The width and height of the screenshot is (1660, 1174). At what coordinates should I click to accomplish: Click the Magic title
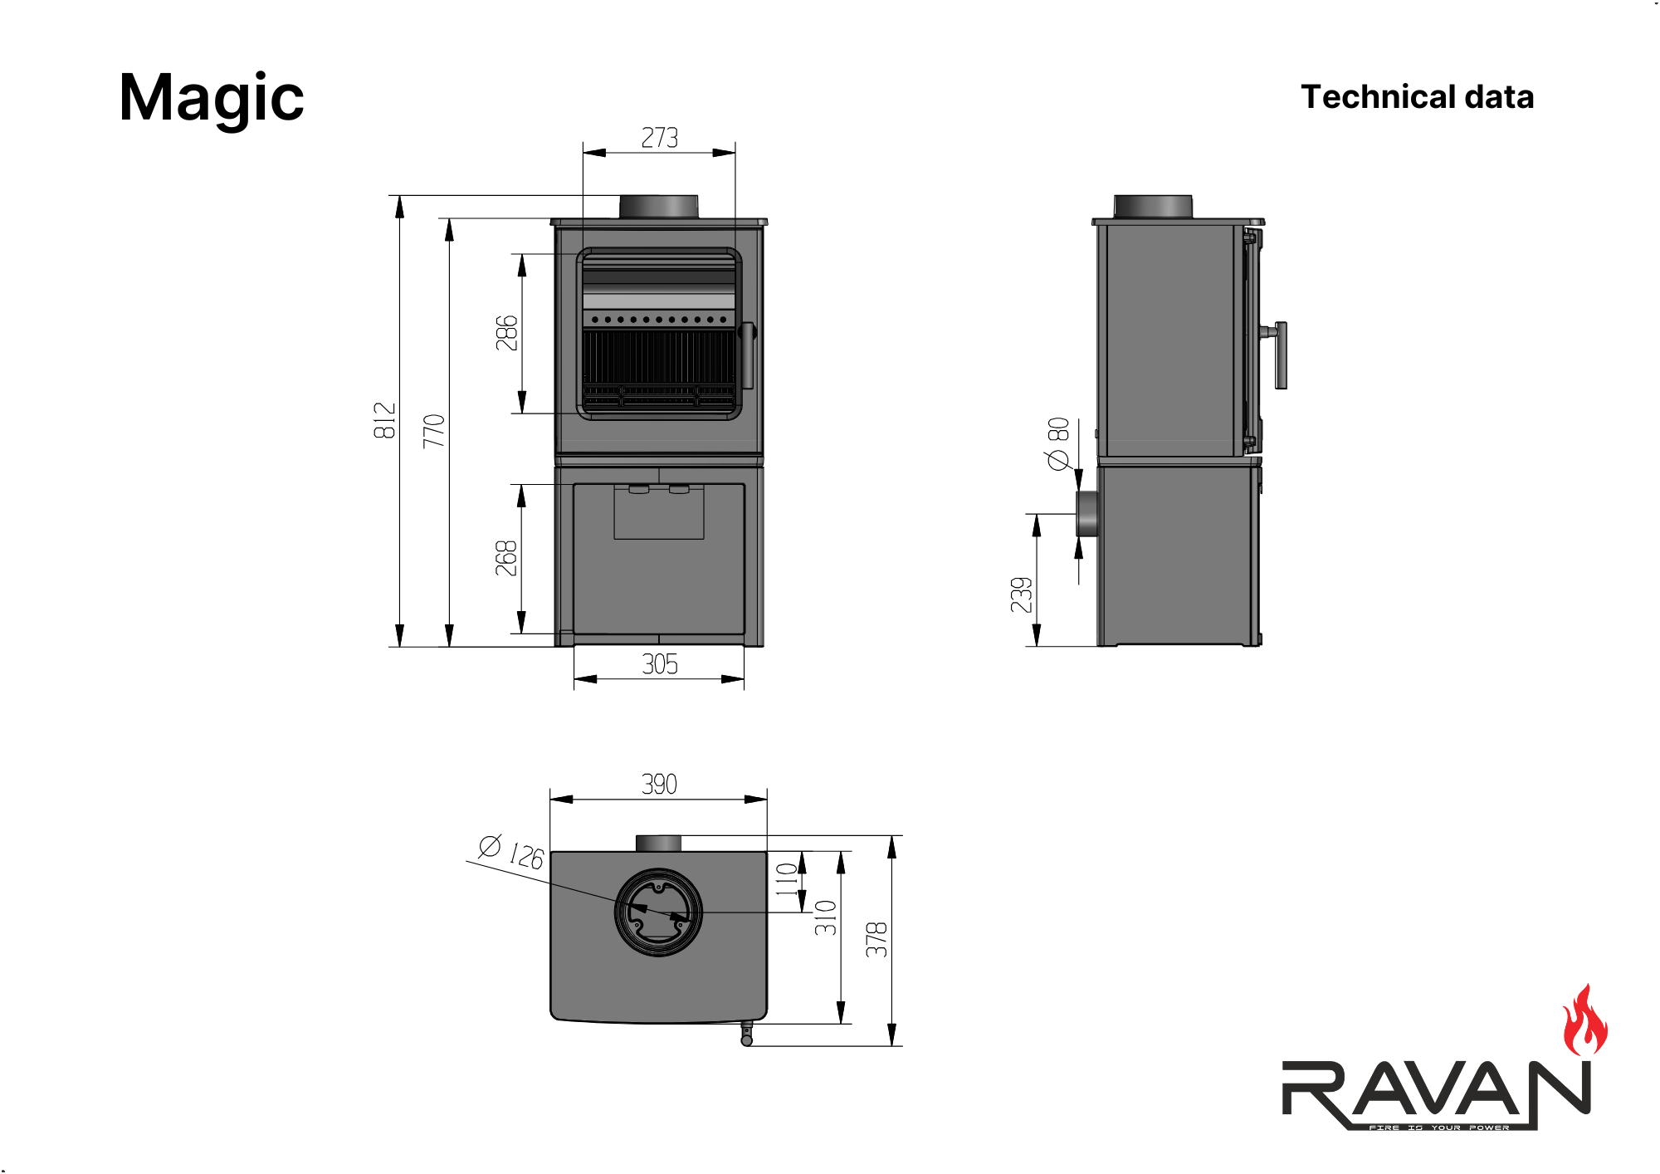click(212, 99)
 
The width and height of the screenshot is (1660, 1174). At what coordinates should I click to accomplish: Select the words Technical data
click(1417, 97)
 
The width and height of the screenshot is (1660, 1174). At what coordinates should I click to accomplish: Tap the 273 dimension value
click(660, 138)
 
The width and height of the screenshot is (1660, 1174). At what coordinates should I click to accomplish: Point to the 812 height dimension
click(384, 420)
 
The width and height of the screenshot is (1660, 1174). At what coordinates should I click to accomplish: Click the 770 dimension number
click(434, 431)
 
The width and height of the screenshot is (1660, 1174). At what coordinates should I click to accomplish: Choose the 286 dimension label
click(506, 333)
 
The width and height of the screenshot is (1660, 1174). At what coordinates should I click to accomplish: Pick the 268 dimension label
click(506, 558)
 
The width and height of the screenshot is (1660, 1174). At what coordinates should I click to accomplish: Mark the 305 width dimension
click(660, 664)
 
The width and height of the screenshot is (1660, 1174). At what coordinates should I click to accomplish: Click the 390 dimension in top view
click(659, 784)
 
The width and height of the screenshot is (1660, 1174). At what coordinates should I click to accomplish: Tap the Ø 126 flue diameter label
click(511, 852)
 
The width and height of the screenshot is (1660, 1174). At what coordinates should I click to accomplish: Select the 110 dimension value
click(786, 879)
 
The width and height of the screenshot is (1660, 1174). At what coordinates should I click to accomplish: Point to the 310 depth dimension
click(825, 917)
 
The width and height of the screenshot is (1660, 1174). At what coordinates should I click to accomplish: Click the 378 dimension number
click(876, 939)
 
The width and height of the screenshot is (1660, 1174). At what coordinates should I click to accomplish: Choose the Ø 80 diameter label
click(1057, 443)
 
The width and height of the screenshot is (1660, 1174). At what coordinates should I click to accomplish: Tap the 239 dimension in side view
click(1022, 594)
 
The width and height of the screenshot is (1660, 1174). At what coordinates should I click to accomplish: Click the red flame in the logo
click(1584, 1021)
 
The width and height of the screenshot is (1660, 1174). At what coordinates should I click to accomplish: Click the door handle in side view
click(1281, 355)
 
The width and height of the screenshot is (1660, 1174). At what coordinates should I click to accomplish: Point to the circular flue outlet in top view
click(658, 912)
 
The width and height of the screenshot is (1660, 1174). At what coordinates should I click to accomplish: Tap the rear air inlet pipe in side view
click(1087, 514)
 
